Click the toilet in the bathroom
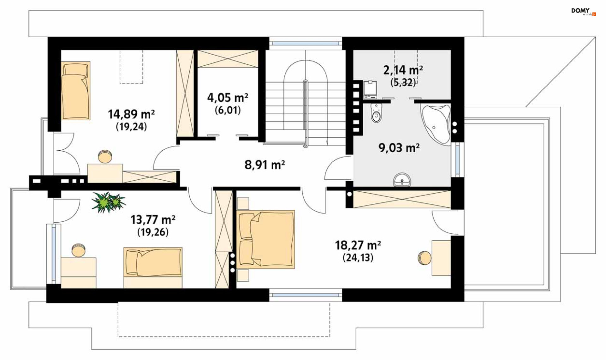coord(376,113)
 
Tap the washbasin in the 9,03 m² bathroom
coord(402,180)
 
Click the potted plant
coord(108,202)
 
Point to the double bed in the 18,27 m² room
coord(265,239)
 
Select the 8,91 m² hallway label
coord(265,165)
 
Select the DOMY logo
coord(583,12)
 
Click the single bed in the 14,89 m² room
coord(75,91)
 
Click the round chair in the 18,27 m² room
coord(424,258)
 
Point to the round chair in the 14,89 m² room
coord(105,156)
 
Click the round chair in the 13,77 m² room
coord(78,250)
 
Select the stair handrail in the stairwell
coord(305,114)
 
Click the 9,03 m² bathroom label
coord(399,148)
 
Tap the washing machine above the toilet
coord(370,90)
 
